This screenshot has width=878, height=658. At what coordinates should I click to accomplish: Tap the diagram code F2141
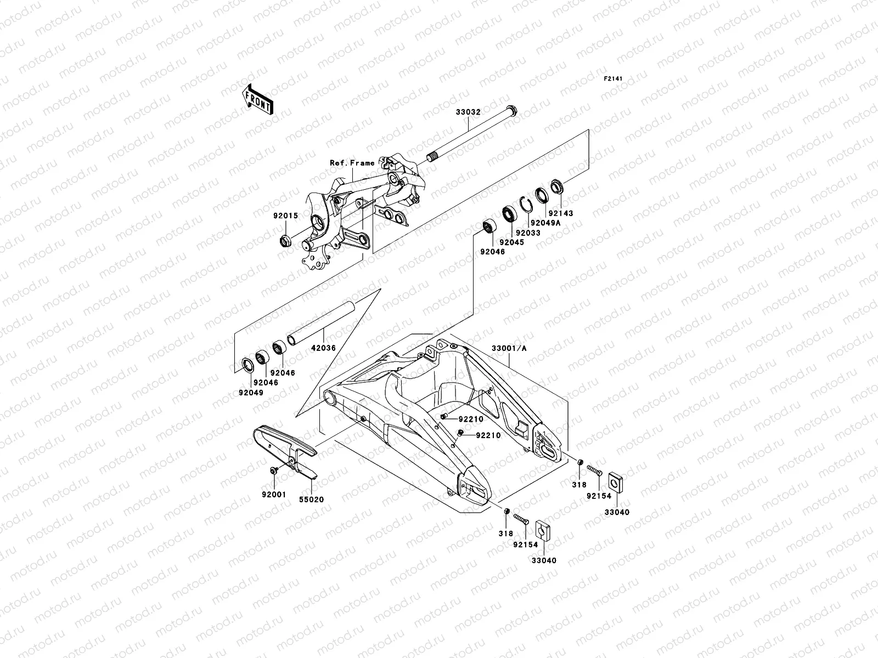tap(615, 80)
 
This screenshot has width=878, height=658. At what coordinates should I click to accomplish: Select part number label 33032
tap(468, 112)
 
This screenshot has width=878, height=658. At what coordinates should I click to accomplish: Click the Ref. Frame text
tap(352, 163)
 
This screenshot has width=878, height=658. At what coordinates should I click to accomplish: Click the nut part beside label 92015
tap(285, 240)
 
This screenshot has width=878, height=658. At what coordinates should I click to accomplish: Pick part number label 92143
tap(560, 213)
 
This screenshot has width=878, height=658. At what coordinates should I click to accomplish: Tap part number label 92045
tap(511, 242)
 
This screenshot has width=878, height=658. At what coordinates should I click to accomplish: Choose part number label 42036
tap(324, 348)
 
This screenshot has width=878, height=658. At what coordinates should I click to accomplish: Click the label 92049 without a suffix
tap(251, 393)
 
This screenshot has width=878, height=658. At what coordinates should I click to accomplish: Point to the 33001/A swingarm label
tap(508, 348)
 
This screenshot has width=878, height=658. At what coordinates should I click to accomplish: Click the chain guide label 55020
tap(311, 500)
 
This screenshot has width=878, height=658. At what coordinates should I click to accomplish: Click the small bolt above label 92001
tap(274, 470)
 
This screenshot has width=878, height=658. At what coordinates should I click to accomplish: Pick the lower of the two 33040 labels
tap(544, 560)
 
